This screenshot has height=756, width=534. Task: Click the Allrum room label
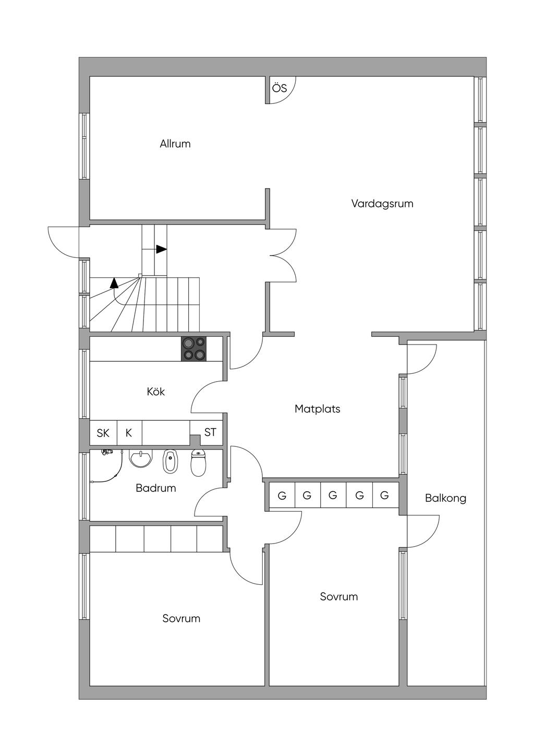click(x=175, y=144)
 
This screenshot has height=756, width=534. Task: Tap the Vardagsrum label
click(x=382, y=204)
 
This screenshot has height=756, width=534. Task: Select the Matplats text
click(x=317, y=409)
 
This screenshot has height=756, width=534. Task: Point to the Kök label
click(x=156, y=392)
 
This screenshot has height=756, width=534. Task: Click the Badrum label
click(x=156, y=488)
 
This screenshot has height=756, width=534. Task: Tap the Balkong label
click(x=446, y=498)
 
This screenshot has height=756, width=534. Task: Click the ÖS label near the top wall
click(x=280, y=88)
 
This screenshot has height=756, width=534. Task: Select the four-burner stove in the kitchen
click(x=194, y=349)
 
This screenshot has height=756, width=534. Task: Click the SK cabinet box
click(x=103, y=433)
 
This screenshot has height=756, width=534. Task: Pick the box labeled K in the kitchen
click(x=129, y=433)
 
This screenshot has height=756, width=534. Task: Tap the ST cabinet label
click(x=210, y=432)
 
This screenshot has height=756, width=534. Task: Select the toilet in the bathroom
click(x=198, y=463)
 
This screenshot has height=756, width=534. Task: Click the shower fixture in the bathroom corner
click(x=107, y=452)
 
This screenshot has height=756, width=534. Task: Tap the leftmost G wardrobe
click(x=282, y=495)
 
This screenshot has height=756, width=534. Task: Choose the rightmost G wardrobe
click(x=385, y=495)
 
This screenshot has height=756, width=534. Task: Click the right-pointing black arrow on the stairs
click(x=162, y=250)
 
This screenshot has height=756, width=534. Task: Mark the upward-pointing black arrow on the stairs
click(x=114, y=283)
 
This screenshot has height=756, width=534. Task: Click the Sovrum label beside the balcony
click(x=339, y=596)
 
